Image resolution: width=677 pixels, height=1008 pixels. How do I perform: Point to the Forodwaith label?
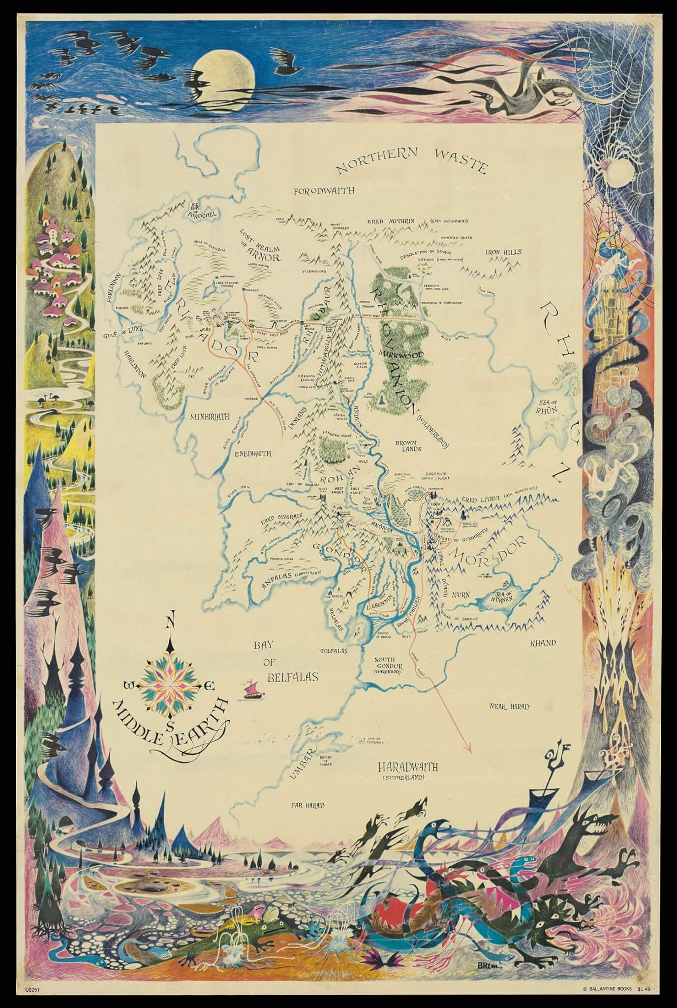[x=324, y=191]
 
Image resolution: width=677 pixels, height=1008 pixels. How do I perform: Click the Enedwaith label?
[x=252, y=453]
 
